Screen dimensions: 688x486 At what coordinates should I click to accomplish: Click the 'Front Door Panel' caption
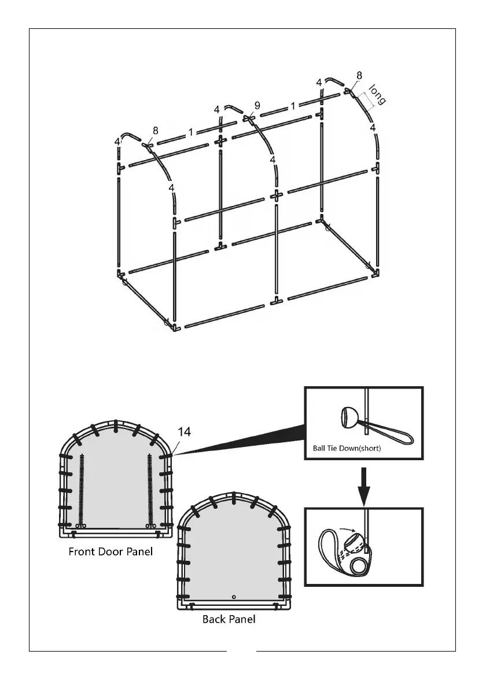point(111,551)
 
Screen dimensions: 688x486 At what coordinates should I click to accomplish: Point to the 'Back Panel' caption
point(229,619)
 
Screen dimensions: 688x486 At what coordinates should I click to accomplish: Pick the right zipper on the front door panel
point(150,489)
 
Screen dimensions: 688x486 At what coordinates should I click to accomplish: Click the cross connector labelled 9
point(249,119)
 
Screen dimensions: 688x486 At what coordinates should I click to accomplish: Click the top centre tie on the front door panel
point(116,426)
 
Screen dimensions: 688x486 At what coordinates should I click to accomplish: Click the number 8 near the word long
point(359,75)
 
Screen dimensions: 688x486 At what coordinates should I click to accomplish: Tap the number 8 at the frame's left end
point(156,131)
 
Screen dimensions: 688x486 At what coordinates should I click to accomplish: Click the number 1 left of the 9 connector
point(190,132)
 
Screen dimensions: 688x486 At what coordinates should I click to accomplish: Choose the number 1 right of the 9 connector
point(293,106)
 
